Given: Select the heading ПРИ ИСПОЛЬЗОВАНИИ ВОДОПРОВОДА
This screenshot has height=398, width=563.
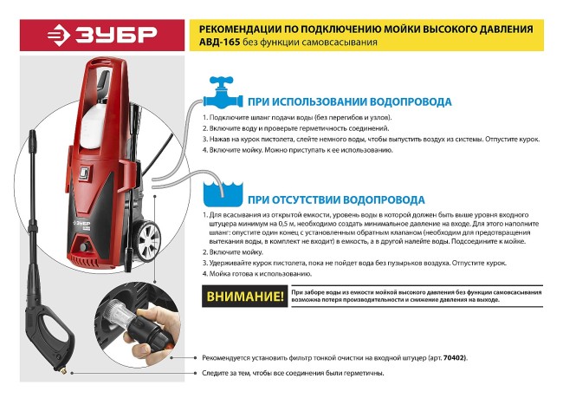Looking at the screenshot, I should click(x=350, y=101).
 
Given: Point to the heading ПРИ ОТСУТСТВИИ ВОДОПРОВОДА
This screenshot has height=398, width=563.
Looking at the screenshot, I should click(x=337, y=199).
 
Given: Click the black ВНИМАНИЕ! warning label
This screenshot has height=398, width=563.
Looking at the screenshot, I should click(x=245, y=297).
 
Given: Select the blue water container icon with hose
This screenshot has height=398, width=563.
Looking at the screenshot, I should click(x=223, y=192).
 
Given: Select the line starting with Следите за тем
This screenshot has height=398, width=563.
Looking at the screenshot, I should click(x=293, y=373).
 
